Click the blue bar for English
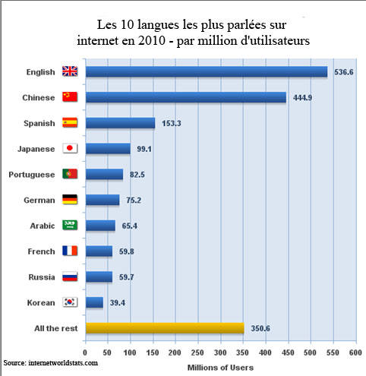(206, 72)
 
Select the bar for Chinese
(185, 97)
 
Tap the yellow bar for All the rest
(164, 328)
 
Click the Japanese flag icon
(70, 149)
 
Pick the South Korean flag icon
(70, 302)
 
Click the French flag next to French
(70, 251)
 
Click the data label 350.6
(260, 328)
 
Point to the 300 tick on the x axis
(219, 353)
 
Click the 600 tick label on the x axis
(354, 353)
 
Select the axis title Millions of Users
(220, 367)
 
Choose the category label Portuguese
(31, 175)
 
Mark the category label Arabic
(42, 226)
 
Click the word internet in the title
(99, 40)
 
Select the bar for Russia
(99, 276)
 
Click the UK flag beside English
(70, 72)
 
